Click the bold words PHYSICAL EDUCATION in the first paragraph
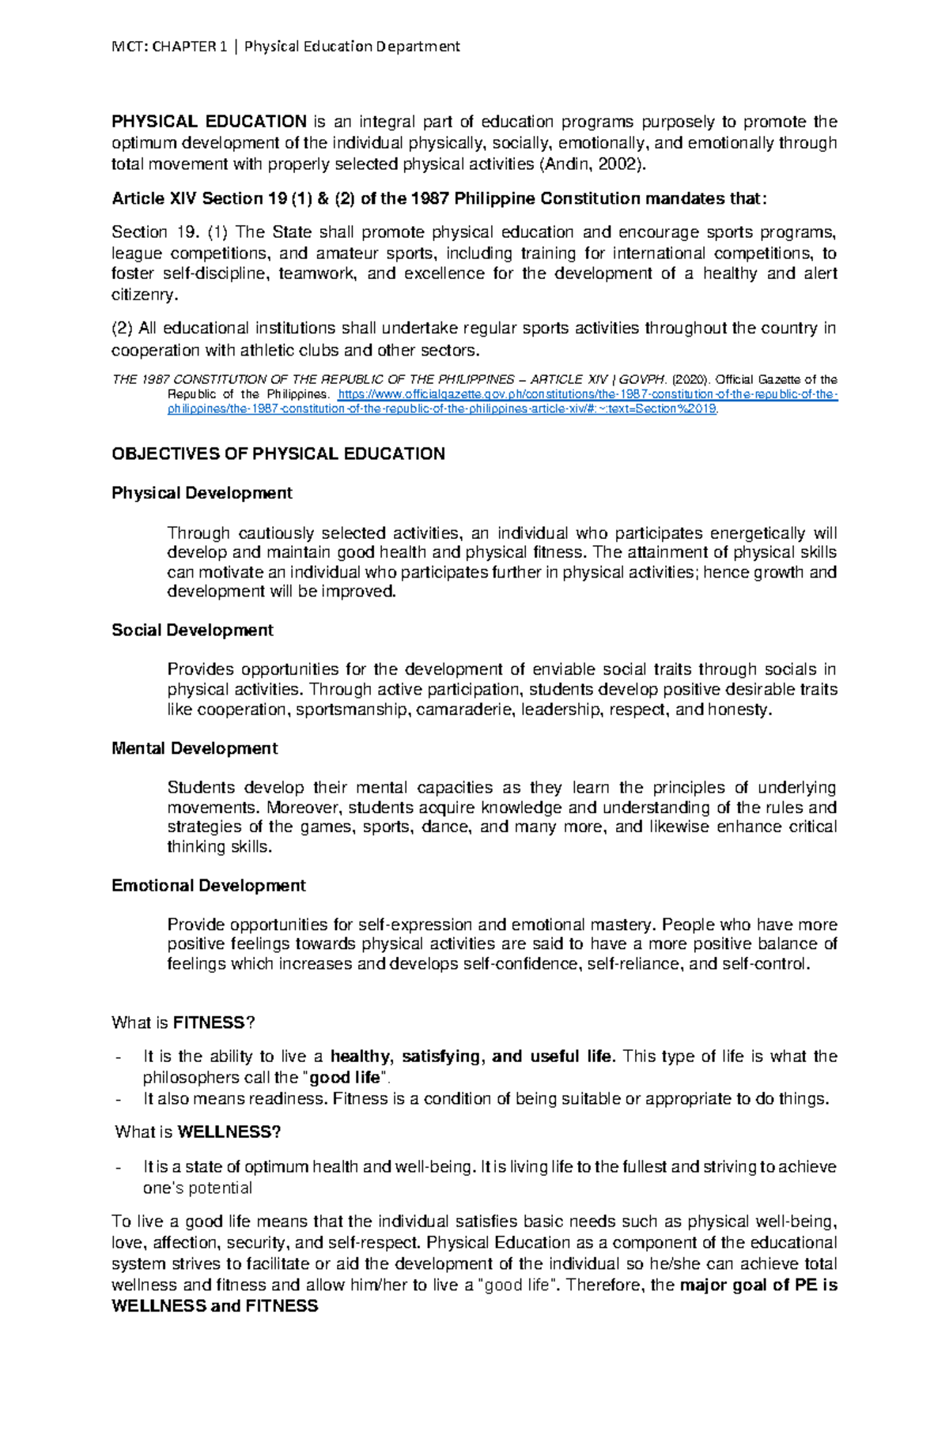coord(209,122)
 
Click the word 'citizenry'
coord(143,295)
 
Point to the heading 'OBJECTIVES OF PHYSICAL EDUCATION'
coord(278,454)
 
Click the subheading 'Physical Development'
coord(202,493)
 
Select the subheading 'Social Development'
coord(192,631)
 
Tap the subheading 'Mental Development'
coord(195,748)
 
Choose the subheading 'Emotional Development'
coord(208,886)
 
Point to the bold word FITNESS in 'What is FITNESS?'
coord(209,1023)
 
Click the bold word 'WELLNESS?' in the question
coord(229,1132)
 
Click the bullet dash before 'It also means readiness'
coord(119,1099)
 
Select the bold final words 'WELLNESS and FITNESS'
coord(214,1306)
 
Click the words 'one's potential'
coord(197,1188)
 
